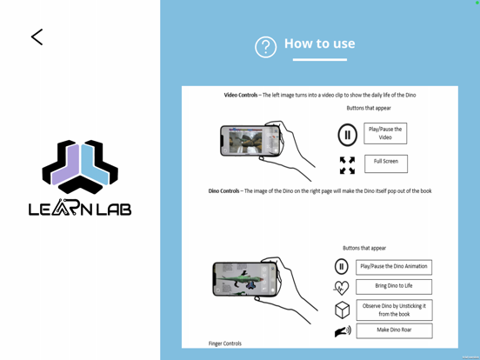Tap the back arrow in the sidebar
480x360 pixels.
pyautogui.click(x=37, y=37)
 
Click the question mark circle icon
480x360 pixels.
pyautogui.click(x=265, y=47)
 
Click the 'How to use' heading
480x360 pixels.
pyautogui.click(x=319, y=43)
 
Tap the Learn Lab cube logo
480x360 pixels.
pyautogui.click(x=80, y=166)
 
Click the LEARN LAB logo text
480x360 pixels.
pyautogui.click(x=80, y=208)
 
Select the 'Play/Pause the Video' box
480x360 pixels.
pyautogui.click(x=385, y=133)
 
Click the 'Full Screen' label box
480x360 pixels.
pyautogui.click(x=385, y=162)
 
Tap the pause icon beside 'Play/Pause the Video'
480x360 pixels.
pyautogui.click(x=347, y=134)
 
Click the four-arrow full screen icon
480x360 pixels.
pyautogui.click(x=347, y=164)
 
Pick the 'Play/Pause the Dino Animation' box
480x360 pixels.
pyautogui.click(x=393, y=267)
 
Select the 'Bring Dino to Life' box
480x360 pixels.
pyautogui.click(x=393, y=286)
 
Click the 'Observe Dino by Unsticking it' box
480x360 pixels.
pyautogui.click(x=393, y=310)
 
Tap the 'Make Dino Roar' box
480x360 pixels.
pyautogui.click(x=393, y=330)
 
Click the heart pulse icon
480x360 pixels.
pyautogui.click(x=342, y=287)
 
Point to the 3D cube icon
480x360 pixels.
pyautogui.click(x=342, y=310)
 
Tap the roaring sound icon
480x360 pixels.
pyautogui.click(x=343, y=331)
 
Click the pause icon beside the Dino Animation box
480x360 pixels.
pyautogui.click(x=342, y=267)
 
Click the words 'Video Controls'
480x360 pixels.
pyautogui.click(x=241, y=95)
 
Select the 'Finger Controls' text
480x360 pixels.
pyautogui.click(x=225, y=343)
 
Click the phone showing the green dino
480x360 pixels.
pyautogui.click(x=246, y=279)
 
